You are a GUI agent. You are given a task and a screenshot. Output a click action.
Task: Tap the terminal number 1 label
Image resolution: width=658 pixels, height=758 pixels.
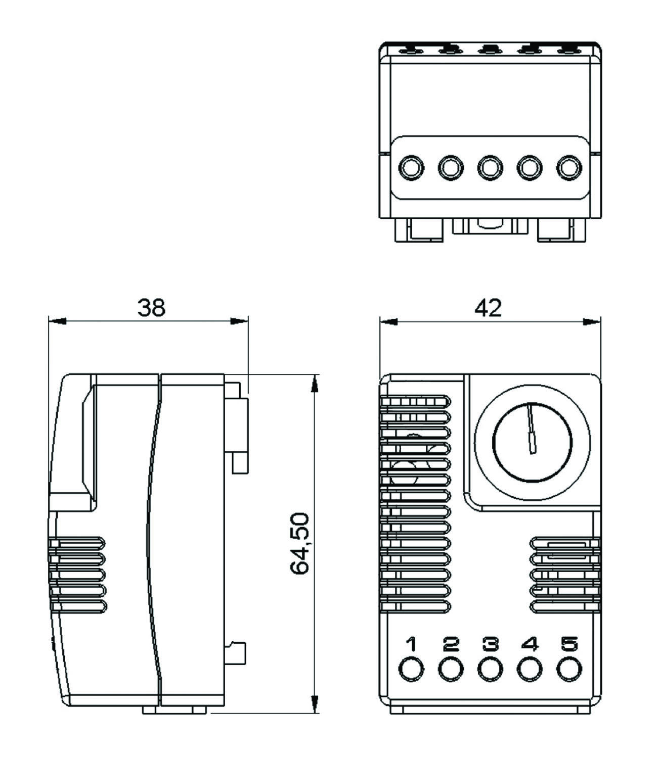pos(411,644)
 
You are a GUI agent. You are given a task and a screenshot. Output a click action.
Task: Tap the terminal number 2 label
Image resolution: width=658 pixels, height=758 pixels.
pos(450,644)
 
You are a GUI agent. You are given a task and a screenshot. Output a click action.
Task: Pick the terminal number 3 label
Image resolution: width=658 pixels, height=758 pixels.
pos(490,644)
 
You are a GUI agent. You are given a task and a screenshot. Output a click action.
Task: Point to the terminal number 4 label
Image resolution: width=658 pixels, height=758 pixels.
pos(529,644)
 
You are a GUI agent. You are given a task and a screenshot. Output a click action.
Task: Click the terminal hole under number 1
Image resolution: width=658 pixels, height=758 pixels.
pos(411,669)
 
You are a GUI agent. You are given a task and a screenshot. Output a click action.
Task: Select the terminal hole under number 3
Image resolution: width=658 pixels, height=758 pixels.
pos(490,669)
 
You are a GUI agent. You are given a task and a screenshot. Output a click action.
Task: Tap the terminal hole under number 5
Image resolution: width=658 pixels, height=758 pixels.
pos(568,669)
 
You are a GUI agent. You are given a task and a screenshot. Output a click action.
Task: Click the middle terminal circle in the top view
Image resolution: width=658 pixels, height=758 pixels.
pos(490,167)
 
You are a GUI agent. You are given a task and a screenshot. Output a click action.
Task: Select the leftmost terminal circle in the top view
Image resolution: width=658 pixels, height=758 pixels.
pos(410,167)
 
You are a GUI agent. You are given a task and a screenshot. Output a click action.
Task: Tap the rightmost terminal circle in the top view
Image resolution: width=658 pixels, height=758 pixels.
pos(568,167)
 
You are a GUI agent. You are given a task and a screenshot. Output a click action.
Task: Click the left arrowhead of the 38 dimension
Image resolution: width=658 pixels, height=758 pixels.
pos(57,321)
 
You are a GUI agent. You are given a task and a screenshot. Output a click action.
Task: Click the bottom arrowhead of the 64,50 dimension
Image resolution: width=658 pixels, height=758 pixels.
pos(315,703)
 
